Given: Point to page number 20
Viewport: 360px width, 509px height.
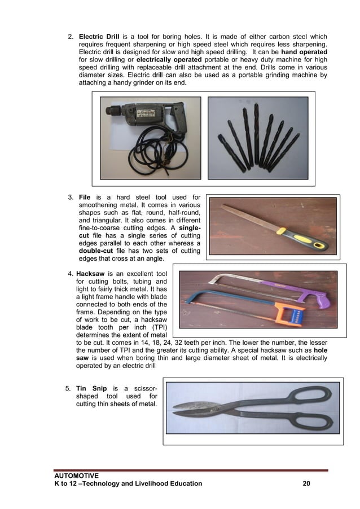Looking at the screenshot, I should coord(307,484).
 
